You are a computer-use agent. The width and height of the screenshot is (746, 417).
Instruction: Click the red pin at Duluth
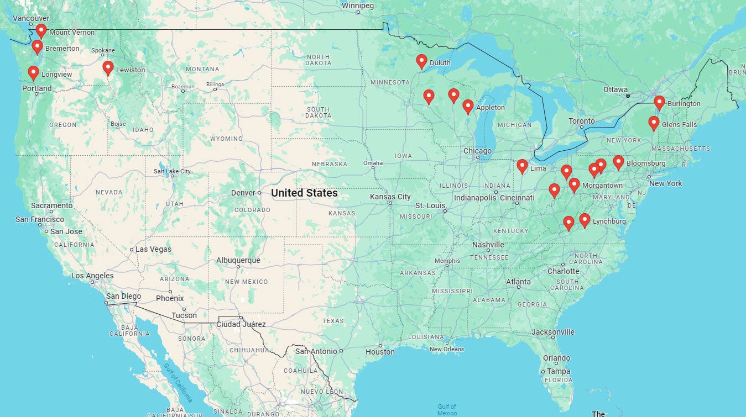pyautogui.click(x=421, y=61)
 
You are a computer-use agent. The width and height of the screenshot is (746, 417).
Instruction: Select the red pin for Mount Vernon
pyautogui.click(x=41, y=31)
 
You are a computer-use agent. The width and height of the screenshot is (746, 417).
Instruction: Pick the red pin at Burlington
pyautogui.click(x=659, y=102)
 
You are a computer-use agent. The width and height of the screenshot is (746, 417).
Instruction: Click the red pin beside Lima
pyautogui.click(x=522, y=166)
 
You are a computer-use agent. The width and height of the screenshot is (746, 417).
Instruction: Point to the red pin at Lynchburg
pyautogui.click(x=585, y=220)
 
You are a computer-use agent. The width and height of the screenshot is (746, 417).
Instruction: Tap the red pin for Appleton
pyautogui.click(x=468, y=106)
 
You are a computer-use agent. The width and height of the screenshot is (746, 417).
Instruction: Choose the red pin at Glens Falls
pyautogui.click(x=654, y=123)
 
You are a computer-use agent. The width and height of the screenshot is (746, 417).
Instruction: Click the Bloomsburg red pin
pyautogui.click(x=618, y=162)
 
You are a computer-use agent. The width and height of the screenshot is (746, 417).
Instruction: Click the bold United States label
pyautogui.click(x=304, y=193)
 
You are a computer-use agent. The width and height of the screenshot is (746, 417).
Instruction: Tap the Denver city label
pyautogui.click(x=243, y=193)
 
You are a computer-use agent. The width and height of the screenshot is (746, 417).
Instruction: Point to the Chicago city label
pyautogui.click(x=477, y=151)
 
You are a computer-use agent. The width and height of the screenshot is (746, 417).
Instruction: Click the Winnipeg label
pyautogui.click(x=358, y=6)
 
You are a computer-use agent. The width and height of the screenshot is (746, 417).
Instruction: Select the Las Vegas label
pyautogui.click(x=153, y=249)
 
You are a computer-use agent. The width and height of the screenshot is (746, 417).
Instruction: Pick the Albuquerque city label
pyautogui.click(x=238, y=260)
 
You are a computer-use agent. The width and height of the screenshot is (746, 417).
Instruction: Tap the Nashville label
pyautogui.click(x=488, y=245)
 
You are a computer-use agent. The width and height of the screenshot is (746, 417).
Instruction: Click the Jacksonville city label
pyautogui.click(x=553, y=332)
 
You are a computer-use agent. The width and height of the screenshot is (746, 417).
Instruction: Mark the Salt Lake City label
pyautogui.click(x=172, y=171)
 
